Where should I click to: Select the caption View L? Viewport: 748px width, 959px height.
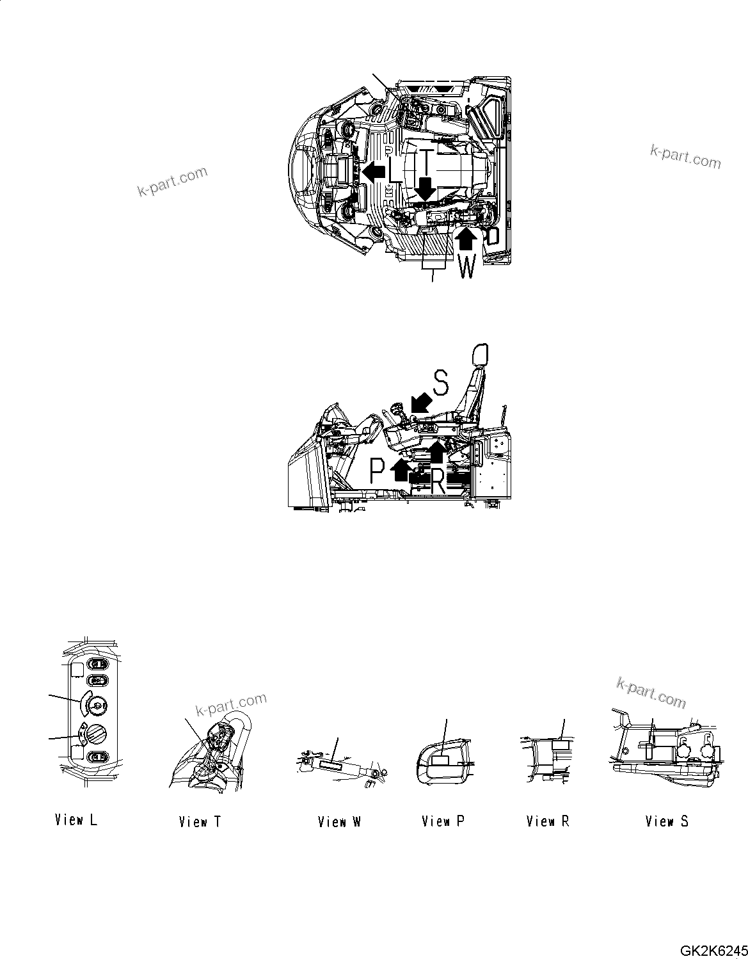pyautogui.click(x=76, y=819)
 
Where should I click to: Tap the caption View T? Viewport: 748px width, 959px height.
pyautogui.click(x=200, y=821)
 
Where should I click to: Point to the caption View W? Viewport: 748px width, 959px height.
pyautogui.click(x=339, y=821)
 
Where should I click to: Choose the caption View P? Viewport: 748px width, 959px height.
pyautogui.click(x=443, y=821)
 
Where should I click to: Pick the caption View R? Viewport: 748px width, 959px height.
pyautogui.click(x=547, y=821)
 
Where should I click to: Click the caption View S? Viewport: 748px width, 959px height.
pyautogui.click(x=667, y=821)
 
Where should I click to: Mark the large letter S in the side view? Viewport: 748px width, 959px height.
pyautogui.click(x=441, y=382)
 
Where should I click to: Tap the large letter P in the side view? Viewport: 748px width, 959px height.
pyautogui.click(x=378, y=472)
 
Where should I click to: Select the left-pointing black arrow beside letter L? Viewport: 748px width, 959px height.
pyautogui.click(x=374, y=171)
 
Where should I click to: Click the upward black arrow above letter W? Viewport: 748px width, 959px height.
pyautogui.click(x=466, y=240)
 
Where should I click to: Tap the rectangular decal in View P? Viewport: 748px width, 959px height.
pyautogui.click(x=441, y=761)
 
